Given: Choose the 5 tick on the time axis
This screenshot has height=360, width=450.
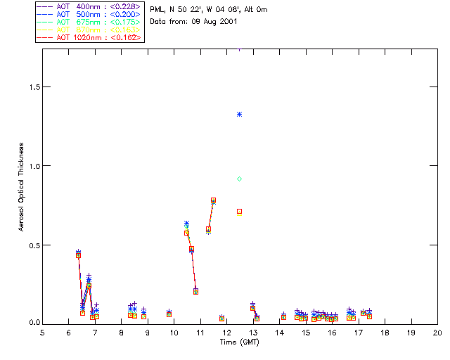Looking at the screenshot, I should point(42,332).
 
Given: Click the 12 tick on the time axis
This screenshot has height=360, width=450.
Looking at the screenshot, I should point(226,332).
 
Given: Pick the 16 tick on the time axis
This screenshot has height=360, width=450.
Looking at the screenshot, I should point(332,332).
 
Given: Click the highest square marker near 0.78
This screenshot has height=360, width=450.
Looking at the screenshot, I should point(213,200).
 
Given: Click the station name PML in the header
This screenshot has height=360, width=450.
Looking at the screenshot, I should point(157,10).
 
